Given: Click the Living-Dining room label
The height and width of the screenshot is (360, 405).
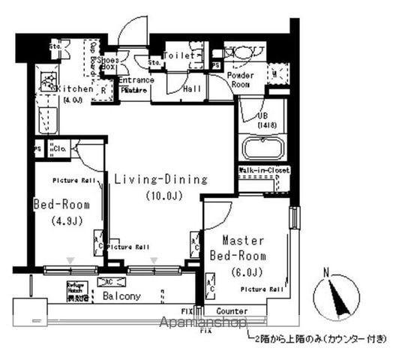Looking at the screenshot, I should click(160, 179).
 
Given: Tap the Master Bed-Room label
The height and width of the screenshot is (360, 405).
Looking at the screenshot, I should click(244, 248).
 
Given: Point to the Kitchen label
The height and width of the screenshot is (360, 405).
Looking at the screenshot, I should click(75, 88).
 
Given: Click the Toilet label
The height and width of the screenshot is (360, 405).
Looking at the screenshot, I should click(180, 55).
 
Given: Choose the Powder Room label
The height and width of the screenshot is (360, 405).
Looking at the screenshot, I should click(240, 80).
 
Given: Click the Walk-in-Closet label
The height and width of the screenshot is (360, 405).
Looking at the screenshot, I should click(264, 171).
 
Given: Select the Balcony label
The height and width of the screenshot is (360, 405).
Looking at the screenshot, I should click(120, 296).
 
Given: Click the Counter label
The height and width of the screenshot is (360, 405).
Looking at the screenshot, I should click(232, 310).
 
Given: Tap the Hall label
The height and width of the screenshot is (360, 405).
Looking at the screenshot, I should click(192, 88).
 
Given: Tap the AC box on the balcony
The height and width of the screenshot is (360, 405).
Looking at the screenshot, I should click(106, 282).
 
